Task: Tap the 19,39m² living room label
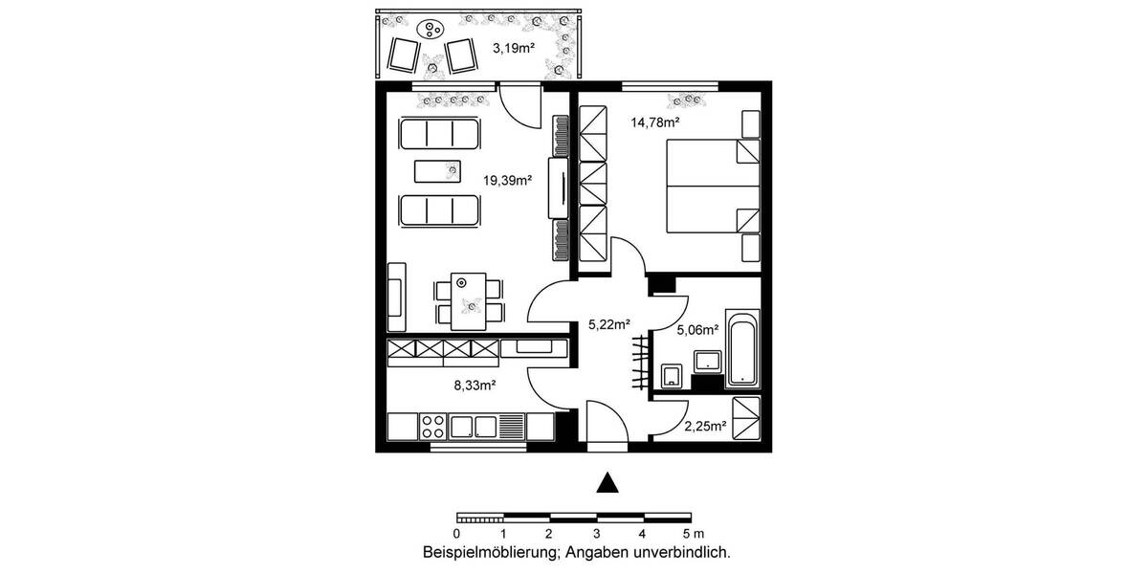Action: [x=507, y=179]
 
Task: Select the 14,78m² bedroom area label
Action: [x=654, y=121]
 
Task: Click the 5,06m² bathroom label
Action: [x=696, y=330]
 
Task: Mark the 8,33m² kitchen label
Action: [x=473, y=386]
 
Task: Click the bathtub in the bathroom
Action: [x=742, y=348]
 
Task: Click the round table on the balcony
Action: [x=433, y=31]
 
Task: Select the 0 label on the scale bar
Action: [x=457, y=533]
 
